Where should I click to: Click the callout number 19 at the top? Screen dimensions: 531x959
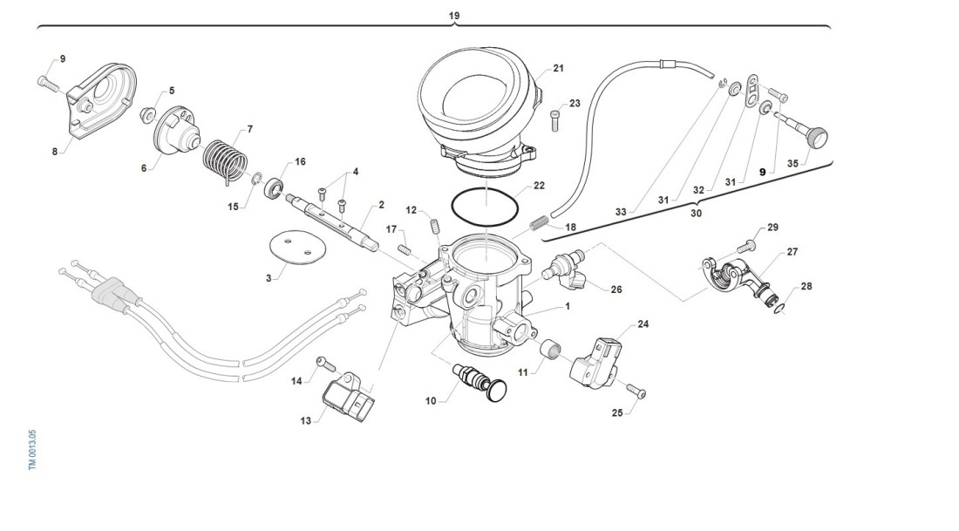click(x=454, y=16)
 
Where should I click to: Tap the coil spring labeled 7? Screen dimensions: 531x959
click(x=221, y=158)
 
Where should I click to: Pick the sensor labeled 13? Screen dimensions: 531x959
click(x=348, y=398)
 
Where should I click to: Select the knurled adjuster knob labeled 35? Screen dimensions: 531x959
click(x=815, y=139)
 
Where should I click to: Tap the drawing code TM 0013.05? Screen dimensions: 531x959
click(x=32, y=450)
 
